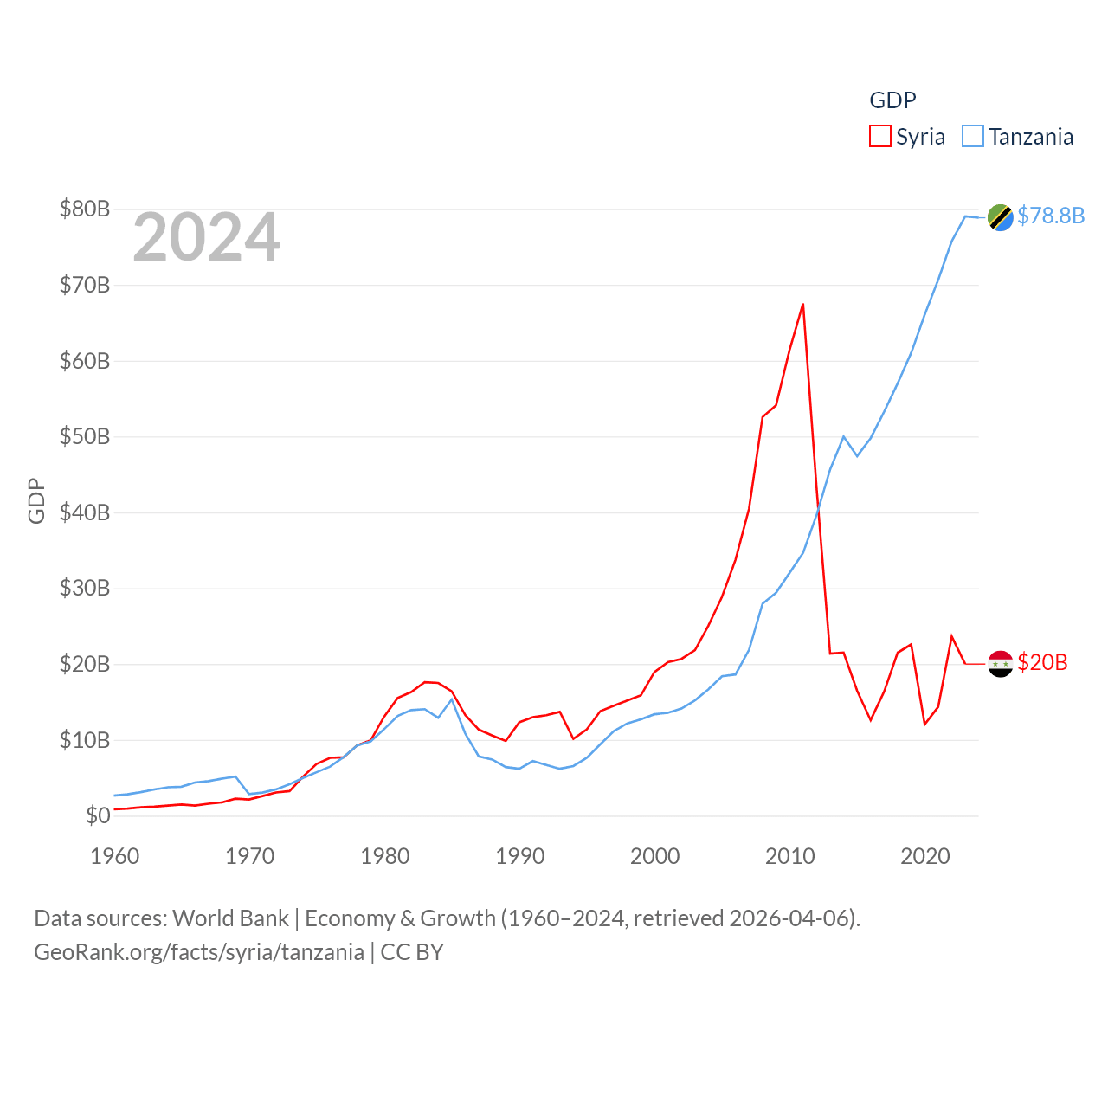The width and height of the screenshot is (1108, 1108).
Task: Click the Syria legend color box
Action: coord(880,137)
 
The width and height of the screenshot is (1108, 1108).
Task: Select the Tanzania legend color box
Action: coord(973,137)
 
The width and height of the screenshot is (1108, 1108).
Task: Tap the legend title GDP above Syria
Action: coord(892,100)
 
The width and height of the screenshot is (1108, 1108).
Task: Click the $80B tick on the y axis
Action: coord(85,209)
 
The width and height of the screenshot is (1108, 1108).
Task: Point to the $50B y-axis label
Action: coord(85,436)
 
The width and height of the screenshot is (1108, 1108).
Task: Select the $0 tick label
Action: coord(98,815)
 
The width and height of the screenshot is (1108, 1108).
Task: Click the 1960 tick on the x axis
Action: coord(115,856)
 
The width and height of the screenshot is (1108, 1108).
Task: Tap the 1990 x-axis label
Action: coord(520,856)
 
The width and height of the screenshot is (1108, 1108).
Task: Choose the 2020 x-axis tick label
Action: coord(925,856)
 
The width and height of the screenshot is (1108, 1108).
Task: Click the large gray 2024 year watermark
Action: coord(207,237)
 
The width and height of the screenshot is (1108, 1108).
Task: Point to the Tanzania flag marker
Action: coord(1001,217)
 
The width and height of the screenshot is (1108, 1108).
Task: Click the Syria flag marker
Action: coord(1001,664)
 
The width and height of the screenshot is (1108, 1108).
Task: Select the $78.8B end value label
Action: coord(1051,216)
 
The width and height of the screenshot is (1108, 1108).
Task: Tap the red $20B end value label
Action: coord(1042,662)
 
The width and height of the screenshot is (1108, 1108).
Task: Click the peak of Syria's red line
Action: coord(803,304)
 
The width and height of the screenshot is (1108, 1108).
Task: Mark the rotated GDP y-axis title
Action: coord(36,500)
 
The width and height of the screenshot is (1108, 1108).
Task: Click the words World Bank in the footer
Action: coord(231,918)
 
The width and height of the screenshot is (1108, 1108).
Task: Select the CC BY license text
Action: coord(412,952)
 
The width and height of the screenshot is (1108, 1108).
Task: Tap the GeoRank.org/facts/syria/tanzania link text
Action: coord(199,952)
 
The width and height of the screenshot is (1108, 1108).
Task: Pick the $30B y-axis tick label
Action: coord(85,588)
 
